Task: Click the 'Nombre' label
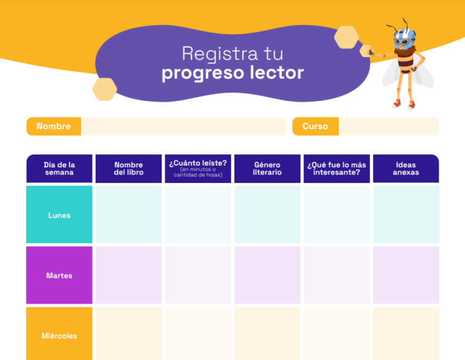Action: (53, 126)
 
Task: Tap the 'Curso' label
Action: (315, 126)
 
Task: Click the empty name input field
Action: (183, 126)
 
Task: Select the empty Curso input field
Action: (388, 126)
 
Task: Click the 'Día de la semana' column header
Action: (59, 168)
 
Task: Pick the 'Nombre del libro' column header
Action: (128, 168)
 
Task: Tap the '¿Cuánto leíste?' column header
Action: (198, 168)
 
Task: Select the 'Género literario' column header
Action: (267, 168)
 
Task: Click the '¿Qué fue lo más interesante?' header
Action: (337, 168)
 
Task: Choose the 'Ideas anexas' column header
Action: (406, 168)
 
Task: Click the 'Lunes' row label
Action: (59, 215)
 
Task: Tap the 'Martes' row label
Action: (59, 275)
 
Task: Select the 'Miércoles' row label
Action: (59, 335)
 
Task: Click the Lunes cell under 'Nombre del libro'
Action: (128, 215)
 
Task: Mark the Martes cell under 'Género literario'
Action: (267, 275)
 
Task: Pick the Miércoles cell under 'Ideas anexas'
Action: (406, 335)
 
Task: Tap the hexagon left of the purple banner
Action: (105, 89)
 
